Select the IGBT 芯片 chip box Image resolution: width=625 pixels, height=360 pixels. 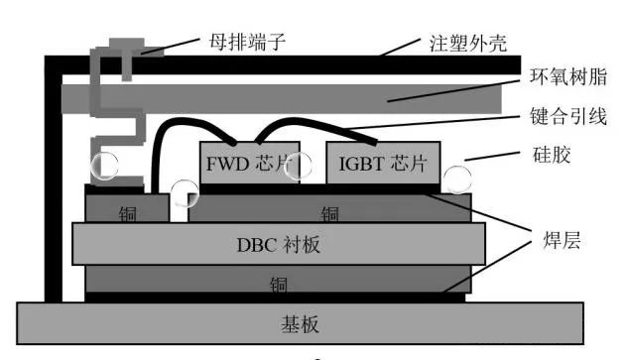(382, 162)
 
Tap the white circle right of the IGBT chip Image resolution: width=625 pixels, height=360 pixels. (457, 179)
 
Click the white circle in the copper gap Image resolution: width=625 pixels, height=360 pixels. (185, 192)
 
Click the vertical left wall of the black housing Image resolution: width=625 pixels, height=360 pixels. (53, 179)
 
